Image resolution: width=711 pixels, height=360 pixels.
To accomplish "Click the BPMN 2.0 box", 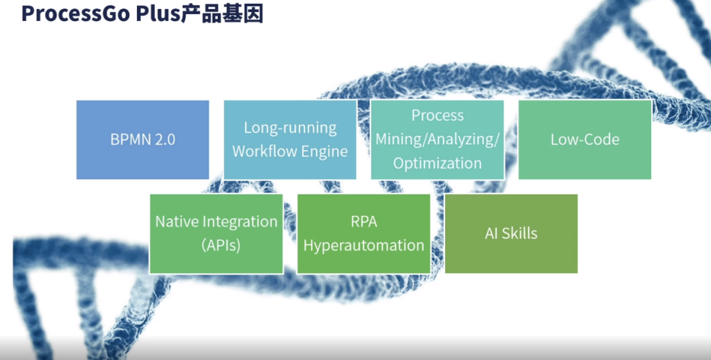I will point(143,140).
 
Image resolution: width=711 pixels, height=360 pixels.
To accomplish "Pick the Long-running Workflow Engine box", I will point(290,140).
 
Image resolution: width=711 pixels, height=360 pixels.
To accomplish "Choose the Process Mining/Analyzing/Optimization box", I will point(438,140).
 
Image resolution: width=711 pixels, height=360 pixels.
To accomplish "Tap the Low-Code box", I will point(585,140).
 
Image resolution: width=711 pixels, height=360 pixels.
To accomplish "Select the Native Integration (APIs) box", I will point(217,234).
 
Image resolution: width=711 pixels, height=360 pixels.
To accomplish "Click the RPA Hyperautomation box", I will point(364,234).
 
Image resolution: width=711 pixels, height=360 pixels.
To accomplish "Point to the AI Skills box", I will point(511,234).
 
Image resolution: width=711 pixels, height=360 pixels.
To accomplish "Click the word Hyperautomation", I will point(364,245).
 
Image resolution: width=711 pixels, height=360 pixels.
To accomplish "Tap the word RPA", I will point(364,222).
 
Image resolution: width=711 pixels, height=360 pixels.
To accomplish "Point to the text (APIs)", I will point(221,245).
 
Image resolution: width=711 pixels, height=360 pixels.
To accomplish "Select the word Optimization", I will point(438,163).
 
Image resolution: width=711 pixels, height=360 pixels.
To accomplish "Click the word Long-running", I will point(290,128).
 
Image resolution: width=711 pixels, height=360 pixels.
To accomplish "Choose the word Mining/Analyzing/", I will point(438,140).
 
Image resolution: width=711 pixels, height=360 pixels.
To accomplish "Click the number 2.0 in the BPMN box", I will point(164,140).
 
